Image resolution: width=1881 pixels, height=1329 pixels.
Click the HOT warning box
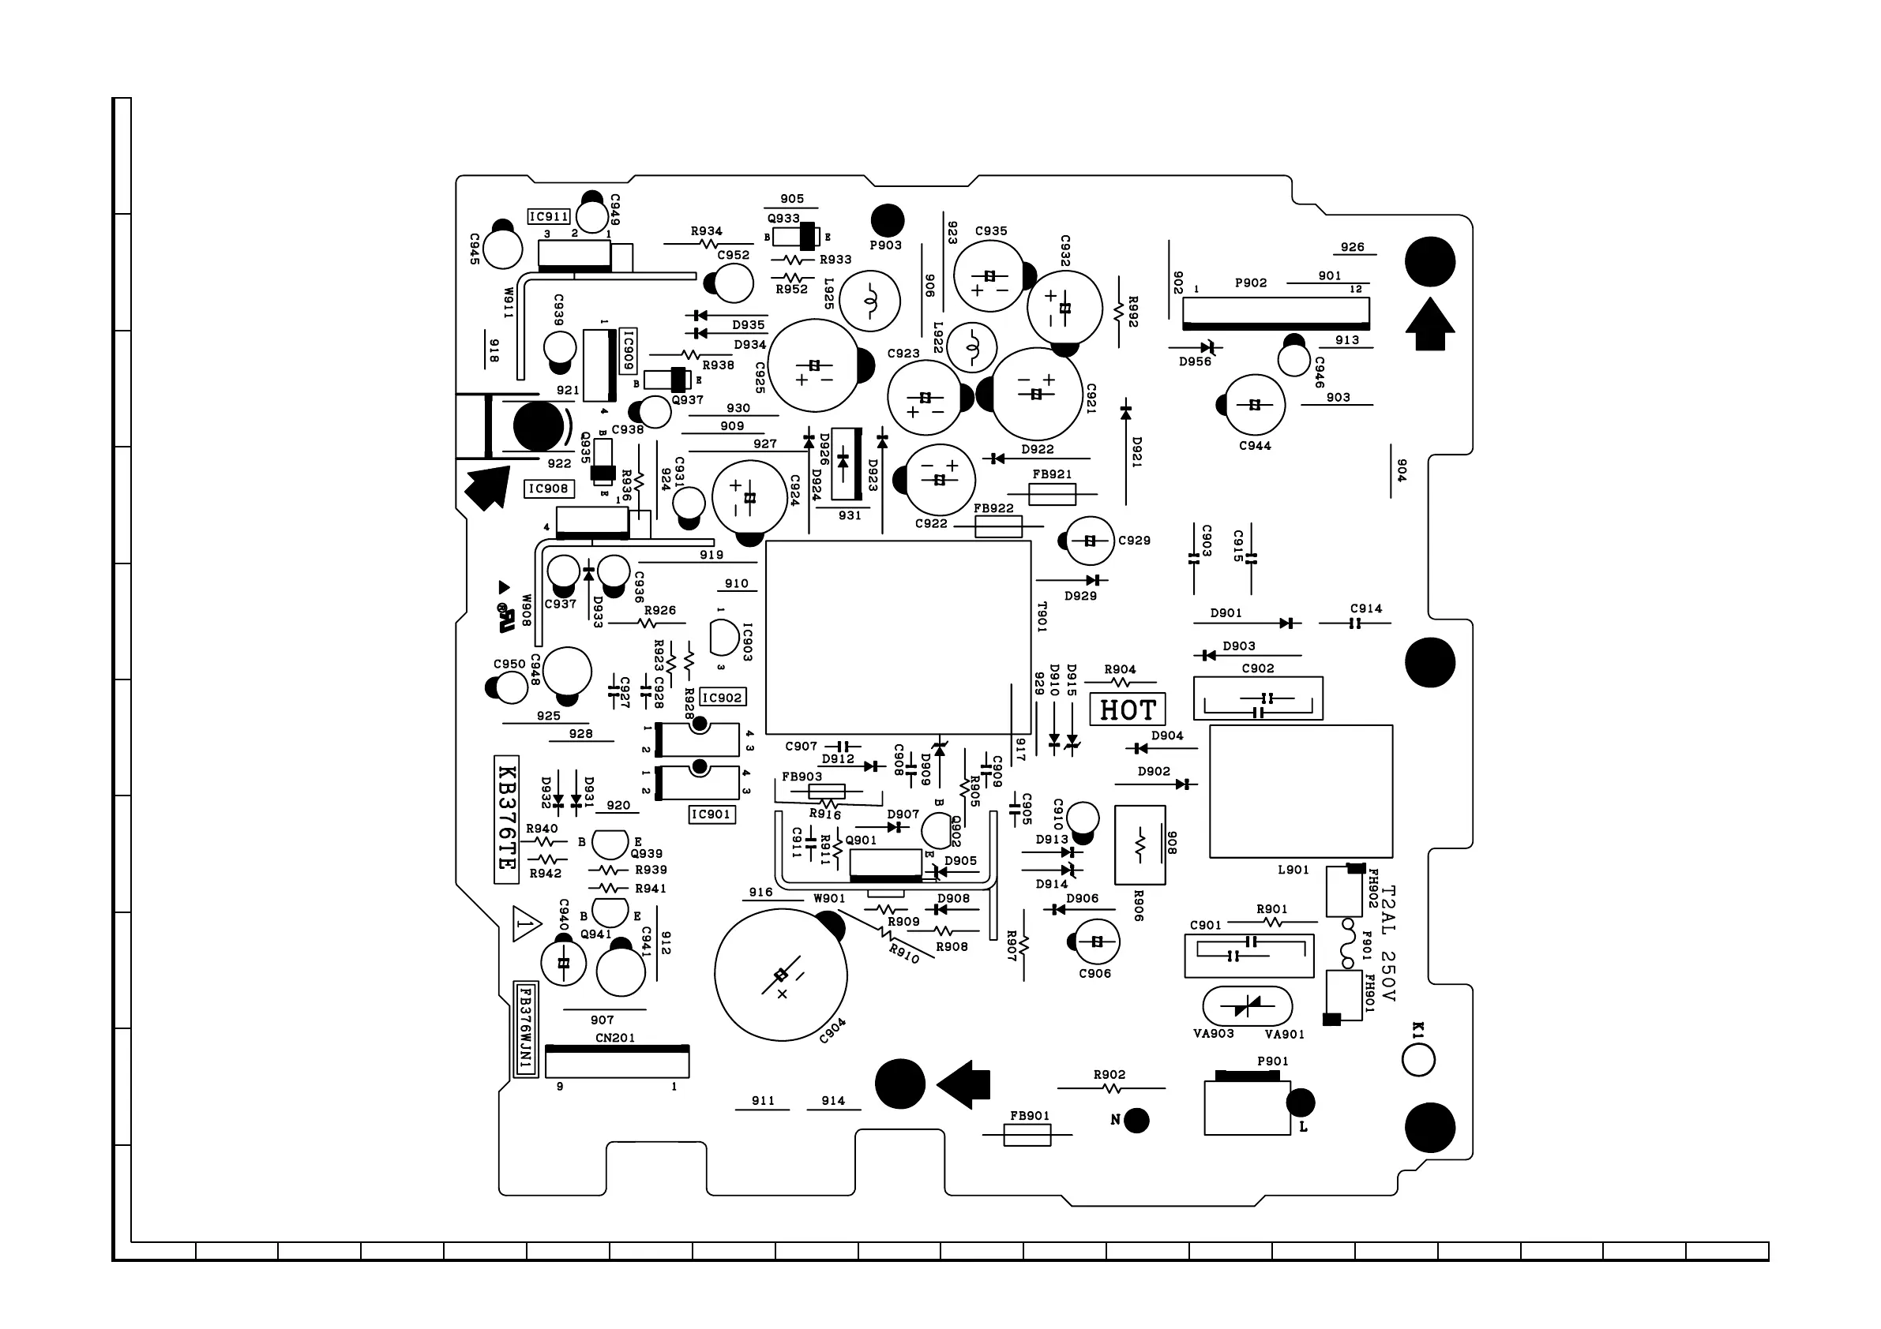point(1127,709)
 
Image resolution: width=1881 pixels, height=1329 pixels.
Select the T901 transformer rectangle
point(898,637)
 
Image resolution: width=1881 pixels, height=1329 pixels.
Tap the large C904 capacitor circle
point(781,974)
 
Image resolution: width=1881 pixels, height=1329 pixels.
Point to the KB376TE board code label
point(506,819)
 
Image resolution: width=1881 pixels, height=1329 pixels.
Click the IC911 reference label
point(548,217)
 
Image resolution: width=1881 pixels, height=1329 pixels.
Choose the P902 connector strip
point(1275,313)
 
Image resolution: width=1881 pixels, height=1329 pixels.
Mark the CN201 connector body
point(617,1062)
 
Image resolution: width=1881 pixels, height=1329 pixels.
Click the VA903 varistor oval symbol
point(1247,1006)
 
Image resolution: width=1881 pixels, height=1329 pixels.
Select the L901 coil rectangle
point(1300,791)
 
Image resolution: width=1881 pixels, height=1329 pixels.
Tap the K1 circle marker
point(1418,1060)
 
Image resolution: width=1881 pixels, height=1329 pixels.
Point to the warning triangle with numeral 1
point(526,924)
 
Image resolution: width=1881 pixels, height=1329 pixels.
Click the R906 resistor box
point(1139,845)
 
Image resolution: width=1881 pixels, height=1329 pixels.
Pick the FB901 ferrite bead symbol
point(1027,1135)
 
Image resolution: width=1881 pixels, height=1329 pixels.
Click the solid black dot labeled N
point(1136,1120)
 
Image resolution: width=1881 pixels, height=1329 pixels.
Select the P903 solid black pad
point(888,220)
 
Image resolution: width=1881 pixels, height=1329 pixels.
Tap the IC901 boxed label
point(710,814)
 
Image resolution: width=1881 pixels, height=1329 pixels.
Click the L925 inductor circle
point(871,301)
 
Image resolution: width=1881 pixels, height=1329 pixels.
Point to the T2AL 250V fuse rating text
point(1387,943)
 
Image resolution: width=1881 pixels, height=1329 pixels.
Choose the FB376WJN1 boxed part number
point(525,1028)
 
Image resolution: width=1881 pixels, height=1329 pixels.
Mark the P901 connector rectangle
point(1247,1107)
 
